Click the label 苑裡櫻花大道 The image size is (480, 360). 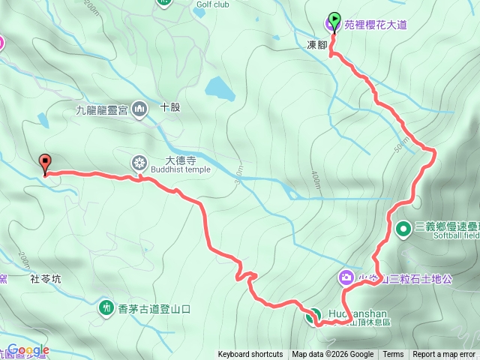coord(376,25)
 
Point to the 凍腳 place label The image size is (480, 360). coord(318,45)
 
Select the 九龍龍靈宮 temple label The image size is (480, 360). coord(102,110)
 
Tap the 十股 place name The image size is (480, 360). coord(170,107)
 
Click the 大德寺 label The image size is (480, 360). coord(180,159)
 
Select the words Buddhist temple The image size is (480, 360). coord(180,169)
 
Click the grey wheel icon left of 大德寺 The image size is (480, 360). coord(139,162)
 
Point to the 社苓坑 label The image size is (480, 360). coord(45,279)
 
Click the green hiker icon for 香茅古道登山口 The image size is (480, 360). coord(106,307)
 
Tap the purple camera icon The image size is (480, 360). coord(346,277)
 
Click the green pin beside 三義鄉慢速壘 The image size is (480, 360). coord(403,227)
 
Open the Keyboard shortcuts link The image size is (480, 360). coord(250,355)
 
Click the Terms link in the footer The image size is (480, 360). coord(393,355)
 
